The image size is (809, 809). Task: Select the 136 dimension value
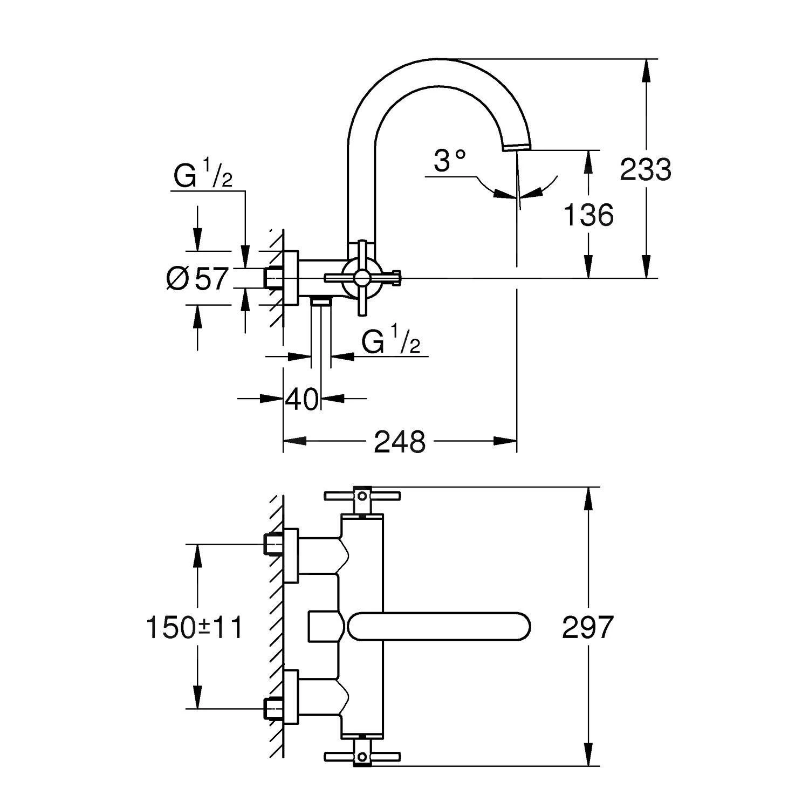(588, 215)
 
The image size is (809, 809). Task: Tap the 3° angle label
(449, 160)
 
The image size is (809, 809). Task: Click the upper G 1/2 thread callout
(203, 176)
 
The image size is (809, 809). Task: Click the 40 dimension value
(302, 399)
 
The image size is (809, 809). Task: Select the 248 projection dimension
(400, 442)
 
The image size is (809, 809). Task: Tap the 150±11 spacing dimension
(195, 627)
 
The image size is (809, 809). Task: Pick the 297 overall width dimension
(587, 627)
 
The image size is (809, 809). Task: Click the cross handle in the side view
(361, 278)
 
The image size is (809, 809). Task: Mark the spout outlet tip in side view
(517, 147)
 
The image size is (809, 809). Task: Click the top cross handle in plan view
(362, 496)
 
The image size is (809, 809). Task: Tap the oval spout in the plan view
(439, 627)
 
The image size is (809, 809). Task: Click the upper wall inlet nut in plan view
(274, 544)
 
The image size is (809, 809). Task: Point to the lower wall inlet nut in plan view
(274, 708)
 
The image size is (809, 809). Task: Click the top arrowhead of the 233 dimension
(646, 68)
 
